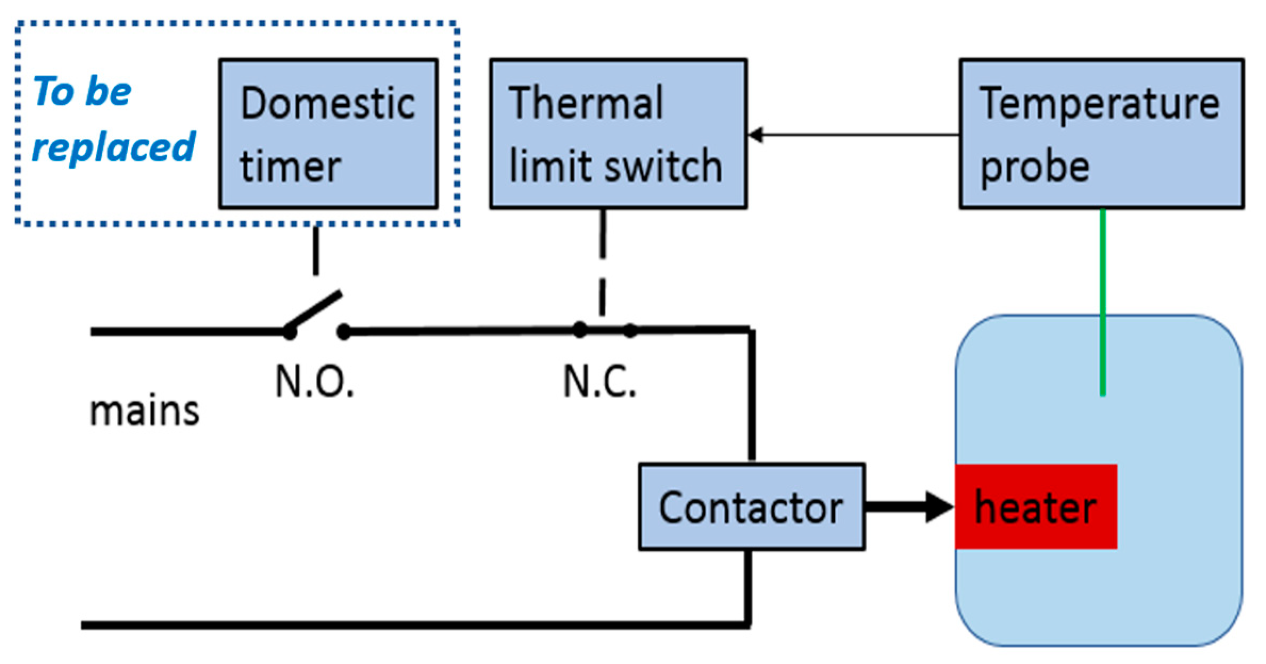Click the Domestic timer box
click(328, 134)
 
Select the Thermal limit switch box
click(618, 134)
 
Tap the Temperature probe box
click(1101, 134)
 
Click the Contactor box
click(751, 507)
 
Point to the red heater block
click(1035, 507)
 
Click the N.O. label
click(314, 382)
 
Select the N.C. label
click(599, 382)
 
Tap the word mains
click(144, 411)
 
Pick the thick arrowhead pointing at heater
click(939, 507)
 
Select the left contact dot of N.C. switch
click(580, 330)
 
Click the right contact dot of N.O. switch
click(344, 332)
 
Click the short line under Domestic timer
click(316, 251)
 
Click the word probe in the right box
click(1034, 168)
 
